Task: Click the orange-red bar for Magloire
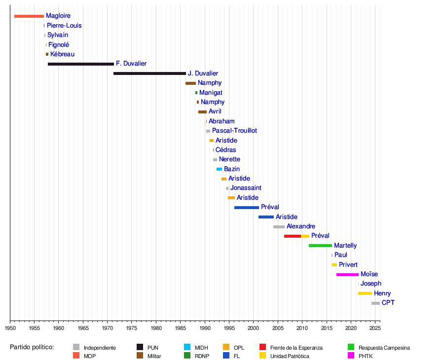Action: coord(29,16)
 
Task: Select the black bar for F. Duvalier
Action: coord(81,64)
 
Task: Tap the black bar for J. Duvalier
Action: coord(149,73)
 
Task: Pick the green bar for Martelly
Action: coord(320,246)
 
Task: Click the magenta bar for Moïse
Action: coord(347,274)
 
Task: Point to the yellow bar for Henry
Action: coord(365,293)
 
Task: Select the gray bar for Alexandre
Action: coord(279,227)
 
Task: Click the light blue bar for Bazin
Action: coord(219,169)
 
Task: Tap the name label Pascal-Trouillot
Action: coord(234,131)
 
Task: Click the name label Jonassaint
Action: coord(246,188)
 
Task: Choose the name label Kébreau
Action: coord(63,54)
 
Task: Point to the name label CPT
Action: coord(388,303)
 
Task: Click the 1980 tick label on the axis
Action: coord(156,328)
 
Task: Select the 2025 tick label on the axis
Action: coord(375,328)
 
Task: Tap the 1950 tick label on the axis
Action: coord(10,328)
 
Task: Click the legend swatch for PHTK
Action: coord(351,356)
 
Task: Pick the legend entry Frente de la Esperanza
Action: coord(296,348)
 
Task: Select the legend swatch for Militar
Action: coord(140,356)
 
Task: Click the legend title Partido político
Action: coord(32,348)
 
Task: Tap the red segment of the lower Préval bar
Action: coord(293,236)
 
